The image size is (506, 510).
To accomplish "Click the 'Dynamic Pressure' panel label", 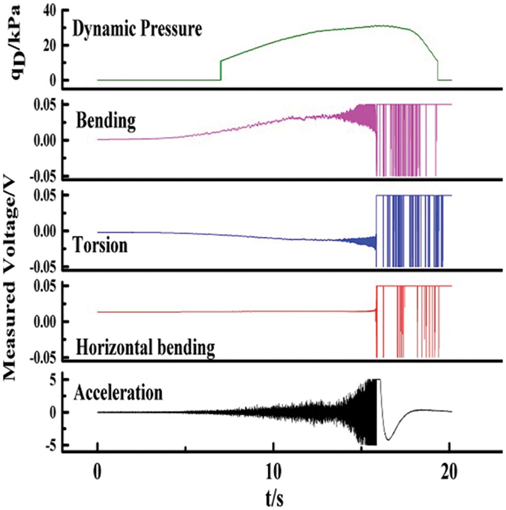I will [138, 29].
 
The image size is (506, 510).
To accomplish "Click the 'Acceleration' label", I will [119, 391].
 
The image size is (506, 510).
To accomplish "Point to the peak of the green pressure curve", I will [382, 26].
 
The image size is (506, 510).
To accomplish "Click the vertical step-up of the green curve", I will [221, 70].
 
